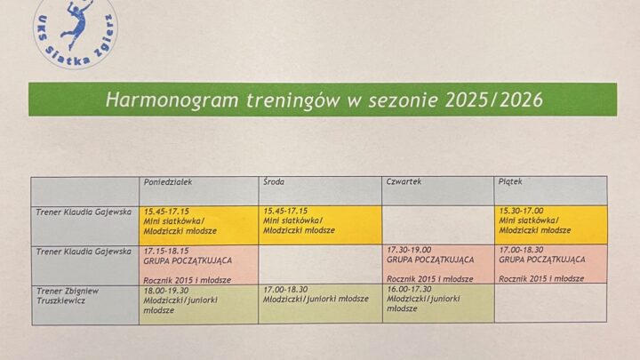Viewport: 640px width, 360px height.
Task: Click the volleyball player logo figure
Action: pyautogui.click(x=77, y=25)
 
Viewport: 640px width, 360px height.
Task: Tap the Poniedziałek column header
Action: pyautogui.click(x=168, y=182)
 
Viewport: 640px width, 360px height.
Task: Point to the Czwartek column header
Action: pyautogui.click(x=404, y=182)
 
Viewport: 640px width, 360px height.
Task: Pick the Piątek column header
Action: pyautogui.click(x=512, y=182)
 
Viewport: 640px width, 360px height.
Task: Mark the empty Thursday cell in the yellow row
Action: pyautogui.click(x=437, y=224)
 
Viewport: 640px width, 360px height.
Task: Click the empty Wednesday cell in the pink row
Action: pyautogui.click(x=320, y=264)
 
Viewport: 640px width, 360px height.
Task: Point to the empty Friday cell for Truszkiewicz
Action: pyautogui.click(x=550, y=302)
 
